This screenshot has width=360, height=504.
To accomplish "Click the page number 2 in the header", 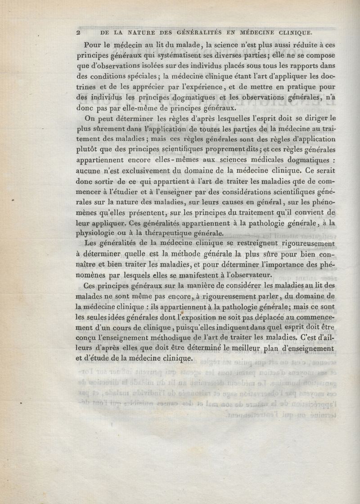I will (78, 32).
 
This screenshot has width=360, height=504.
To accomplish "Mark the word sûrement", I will (115, 129).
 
